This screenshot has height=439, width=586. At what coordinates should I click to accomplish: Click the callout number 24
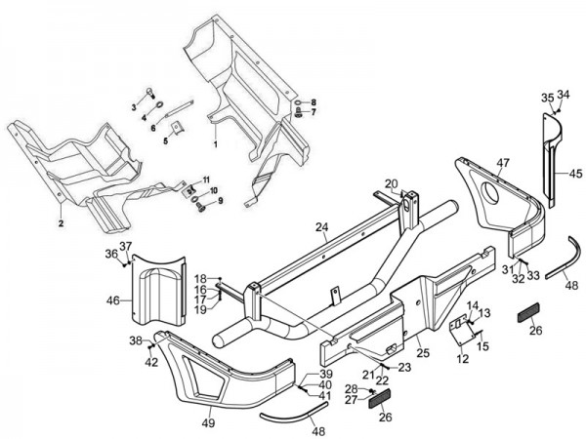[294, 228]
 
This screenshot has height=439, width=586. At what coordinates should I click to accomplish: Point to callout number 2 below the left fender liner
[60, 223]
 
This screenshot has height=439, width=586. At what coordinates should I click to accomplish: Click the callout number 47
[503, 162]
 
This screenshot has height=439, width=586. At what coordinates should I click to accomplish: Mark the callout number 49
[208, 423]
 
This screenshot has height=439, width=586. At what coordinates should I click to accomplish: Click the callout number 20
[391, 183]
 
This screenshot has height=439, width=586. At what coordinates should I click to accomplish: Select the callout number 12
[463, 360]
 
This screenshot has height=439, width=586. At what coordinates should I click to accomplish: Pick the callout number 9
[219, 201]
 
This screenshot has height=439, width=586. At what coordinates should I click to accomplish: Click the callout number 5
[165, 140]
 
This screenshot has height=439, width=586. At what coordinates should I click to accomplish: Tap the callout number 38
[136, 340]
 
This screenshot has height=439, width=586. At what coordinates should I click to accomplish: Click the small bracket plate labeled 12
[460, 335]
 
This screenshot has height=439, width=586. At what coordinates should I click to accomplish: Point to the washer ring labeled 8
[296, 102]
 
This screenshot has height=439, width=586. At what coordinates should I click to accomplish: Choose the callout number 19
[199, 309]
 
